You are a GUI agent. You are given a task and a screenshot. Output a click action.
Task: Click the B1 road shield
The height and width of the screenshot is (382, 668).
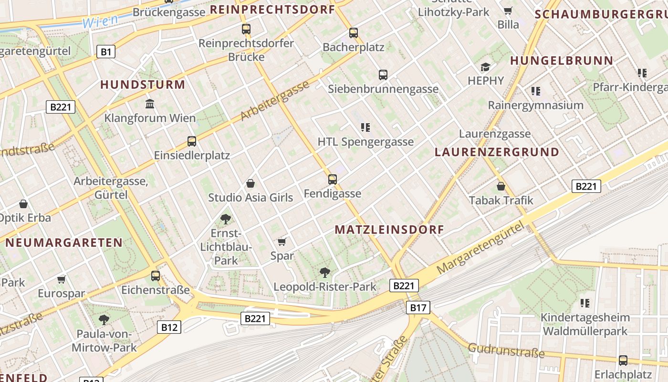106,52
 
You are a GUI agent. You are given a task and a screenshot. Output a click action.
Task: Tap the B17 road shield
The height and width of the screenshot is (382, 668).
418,308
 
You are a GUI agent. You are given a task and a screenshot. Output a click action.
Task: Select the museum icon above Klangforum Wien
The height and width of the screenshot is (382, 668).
150,104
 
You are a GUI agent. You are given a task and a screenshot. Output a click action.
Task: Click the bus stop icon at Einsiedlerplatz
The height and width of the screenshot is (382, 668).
192,141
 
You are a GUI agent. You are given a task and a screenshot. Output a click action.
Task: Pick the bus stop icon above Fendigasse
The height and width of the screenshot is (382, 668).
333,180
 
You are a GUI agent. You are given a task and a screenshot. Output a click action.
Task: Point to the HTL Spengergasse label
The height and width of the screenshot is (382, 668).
365,142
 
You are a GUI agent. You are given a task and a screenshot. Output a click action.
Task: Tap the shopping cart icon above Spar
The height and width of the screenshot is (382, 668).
282,242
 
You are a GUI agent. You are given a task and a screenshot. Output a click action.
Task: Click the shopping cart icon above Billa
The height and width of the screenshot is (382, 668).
508,11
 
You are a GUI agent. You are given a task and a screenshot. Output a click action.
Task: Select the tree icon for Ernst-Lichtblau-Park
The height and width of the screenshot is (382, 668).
226,219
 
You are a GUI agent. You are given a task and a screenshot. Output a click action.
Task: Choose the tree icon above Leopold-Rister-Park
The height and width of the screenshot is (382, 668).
325,273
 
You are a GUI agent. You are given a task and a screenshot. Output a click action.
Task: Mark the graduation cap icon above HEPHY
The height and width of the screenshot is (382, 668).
486,67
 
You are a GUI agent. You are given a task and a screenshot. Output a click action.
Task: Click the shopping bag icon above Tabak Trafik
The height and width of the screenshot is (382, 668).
501,186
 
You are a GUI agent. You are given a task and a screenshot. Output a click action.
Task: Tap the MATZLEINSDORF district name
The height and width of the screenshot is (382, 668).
389,230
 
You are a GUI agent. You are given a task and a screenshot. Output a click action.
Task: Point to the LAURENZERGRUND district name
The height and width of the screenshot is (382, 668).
497,152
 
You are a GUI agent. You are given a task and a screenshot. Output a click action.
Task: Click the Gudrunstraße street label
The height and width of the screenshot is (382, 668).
506,350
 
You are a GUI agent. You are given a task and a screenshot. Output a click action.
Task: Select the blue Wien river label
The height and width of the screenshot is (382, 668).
100,21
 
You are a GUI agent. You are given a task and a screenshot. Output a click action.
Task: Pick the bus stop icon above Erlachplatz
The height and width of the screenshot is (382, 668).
623,360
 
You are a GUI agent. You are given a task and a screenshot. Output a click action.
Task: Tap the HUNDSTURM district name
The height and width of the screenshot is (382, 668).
142,85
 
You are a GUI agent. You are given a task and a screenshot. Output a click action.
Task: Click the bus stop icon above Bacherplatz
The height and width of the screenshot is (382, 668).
354,33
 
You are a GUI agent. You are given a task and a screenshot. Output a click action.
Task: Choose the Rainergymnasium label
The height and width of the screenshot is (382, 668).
535,105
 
